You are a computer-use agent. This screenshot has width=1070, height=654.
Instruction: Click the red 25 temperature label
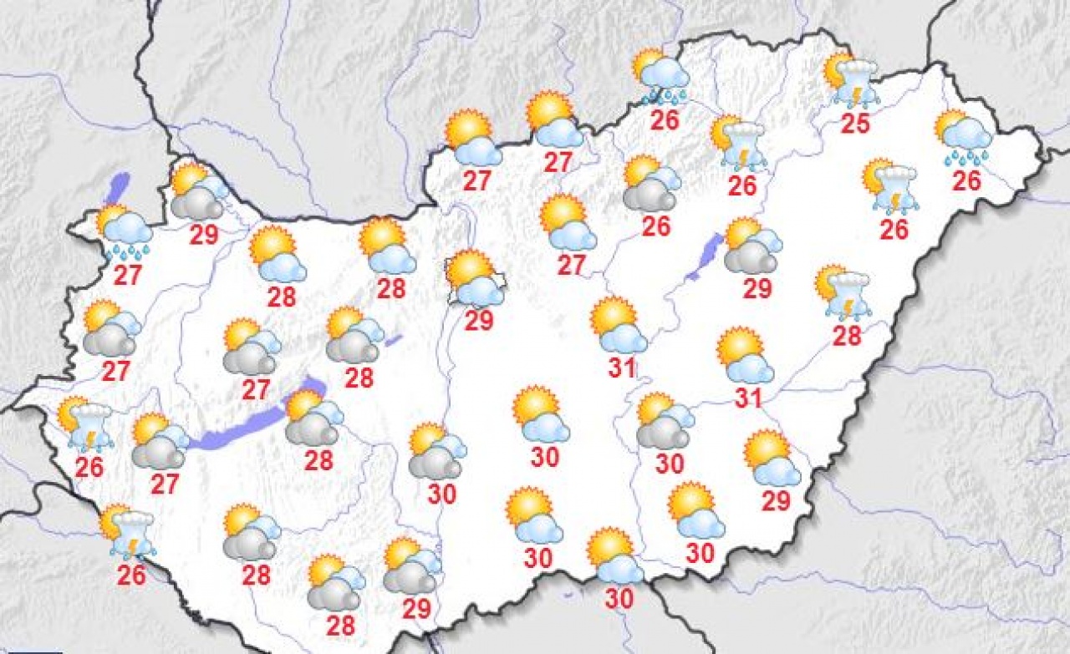(x=855, y=124)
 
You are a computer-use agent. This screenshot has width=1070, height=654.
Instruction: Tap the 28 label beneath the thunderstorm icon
(x=846, y=336)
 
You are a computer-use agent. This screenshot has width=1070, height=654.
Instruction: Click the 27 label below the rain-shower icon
(x=127, y=275)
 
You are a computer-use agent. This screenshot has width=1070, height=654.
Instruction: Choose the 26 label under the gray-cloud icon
(x=656, y=226)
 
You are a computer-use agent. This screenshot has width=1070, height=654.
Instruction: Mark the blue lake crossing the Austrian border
(x=119, y=185)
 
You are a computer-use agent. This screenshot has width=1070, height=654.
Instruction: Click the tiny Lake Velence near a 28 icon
(x=394, y=341)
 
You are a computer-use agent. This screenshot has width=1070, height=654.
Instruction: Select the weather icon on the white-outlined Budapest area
(x=474, y=278)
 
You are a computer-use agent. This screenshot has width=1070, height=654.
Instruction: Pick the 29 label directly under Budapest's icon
(x=479, y=321)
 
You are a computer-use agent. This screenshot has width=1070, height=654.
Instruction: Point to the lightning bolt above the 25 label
(x=854, y=94)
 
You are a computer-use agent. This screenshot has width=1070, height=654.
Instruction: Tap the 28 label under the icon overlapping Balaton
(x=318, y=460)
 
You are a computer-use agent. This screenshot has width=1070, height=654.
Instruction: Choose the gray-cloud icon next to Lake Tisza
(x=752, y=246)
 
